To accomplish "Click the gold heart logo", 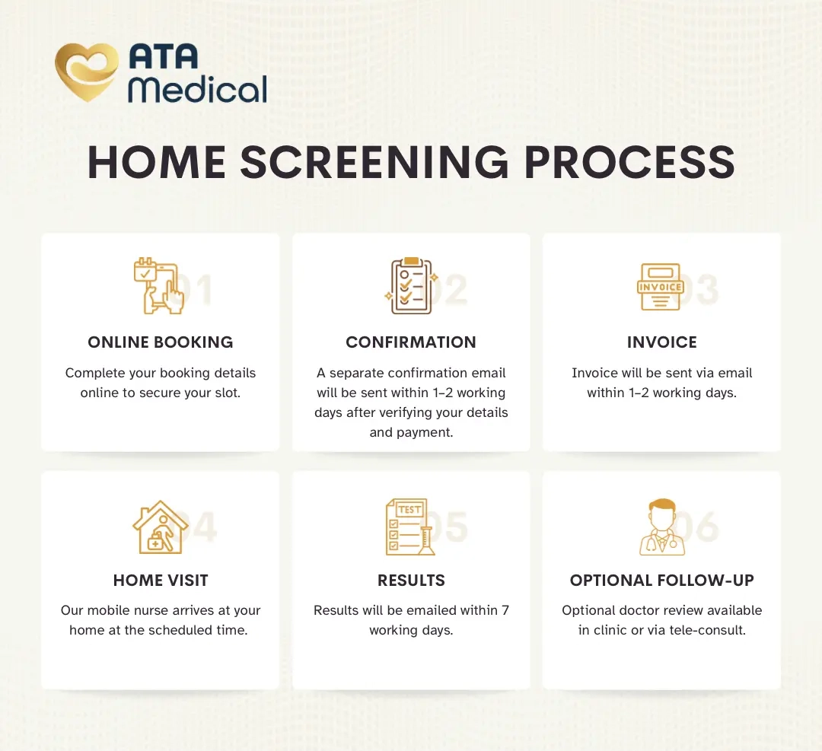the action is point(87,72).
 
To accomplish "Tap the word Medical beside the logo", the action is point(198,89).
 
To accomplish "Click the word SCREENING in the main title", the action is point(374,162).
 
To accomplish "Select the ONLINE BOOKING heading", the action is point(161,342).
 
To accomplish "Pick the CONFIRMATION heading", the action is point(411,342).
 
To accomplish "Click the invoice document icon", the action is point(661,287).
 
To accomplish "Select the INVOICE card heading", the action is point(662,342).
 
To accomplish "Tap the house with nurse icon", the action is point(161,527).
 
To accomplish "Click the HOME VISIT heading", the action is point(161,580).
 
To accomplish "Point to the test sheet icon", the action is point(410,527).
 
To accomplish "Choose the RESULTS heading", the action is point(411,580).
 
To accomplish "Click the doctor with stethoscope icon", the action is point(662,527).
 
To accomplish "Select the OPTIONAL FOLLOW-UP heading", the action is point(662,580).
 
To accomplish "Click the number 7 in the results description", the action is point(505,610).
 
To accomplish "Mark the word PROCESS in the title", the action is point(629,162).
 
